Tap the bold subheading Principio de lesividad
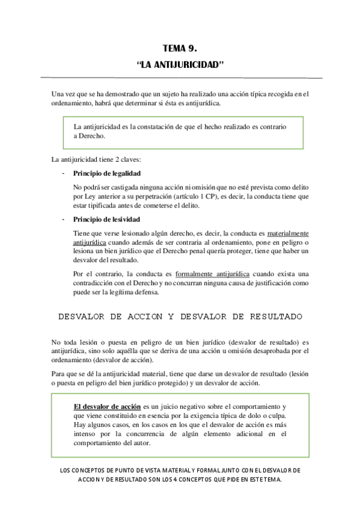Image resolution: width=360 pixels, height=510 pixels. tap(106, 220)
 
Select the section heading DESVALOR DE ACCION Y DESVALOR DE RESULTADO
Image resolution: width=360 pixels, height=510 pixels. tap(180, 316)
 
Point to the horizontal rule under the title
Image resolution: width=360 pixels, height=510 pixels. tap(180, 78)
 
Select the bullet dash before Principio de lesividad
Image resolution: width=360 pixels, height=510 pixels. tap(63, 220)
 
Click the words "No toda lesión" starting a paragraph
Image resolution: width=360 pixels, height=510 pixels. tap(76, 342)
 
